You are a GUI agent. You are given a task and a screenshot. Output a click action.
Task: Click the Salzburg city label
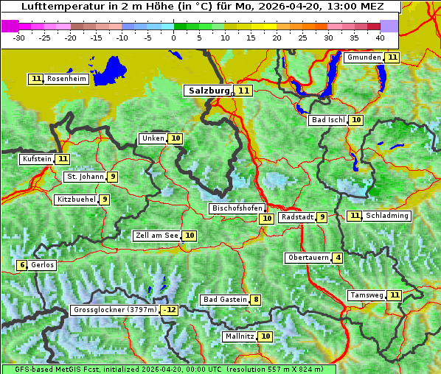pyautogui.click(x=209, y=91)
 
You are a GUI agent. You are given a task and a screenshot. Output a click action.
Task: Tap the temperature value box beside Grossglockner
pyautogui.click(x=170, y=310)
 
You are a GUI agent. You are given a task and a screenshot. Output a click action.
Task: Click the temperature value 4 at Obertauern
pyautogui.click(x=337, y=258)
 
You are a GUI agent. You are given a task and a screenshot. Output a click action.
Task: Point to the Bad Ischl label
pyautogui.click(x=327, y=120)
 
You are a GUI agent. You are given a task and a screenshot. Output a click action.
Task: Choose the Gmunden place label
pyautogui.click(x=364, y=57)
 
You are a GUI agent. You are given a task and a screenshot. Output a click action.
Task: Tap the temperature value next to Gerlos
pyautogui.click(x=22, y=265)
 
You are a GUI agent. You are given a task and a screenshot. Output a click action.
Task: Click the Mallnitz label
pyautogui.click(x=240, y=336)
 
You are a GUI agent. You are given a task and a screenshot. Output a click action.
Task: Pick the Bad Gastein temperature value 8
pyautogui.click(x=255, y=300)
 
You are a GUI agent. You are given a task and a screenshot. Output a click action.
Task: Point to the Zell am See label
pyautogui.click(x=157, y=236)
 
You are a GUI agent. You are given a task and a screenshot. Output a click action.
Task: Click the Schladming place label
pyautogui.click(x=387, y=216)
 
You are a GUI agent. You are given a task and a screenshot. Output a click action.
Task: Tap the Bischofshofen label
pyautogui.click(x=237, y=209)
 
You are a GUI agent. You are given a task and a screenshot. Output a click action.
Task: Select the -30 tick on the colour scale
pyautogui.click(x=19, y=37)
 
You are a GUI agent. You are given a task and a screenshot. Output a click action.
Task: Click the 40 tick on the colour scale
pyautogui.click(x=380, y=37)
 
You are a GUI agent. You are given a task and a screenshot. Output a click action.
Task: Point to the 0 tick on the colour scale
pyautogui.click(x=173, y=37)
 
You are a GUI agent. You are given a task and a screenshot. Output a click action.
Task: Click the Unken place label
pyautogui.click(x=153, y=138)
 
